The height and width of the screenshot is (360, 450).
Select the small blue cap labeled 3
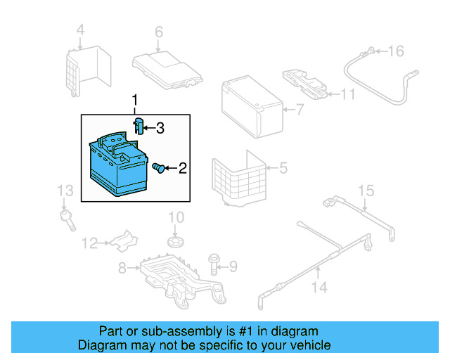139,127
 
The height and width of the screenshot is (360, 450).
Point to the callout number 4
80,30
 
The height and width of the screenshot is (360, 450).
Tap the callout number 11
349,94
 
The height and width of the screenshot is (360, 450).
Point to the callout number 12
89,244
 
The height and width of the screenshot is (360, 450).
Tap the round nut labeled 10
175,243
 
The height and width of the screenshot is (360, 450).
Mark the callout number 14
319,288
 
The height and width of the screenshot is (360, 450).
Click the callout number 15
366,191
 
